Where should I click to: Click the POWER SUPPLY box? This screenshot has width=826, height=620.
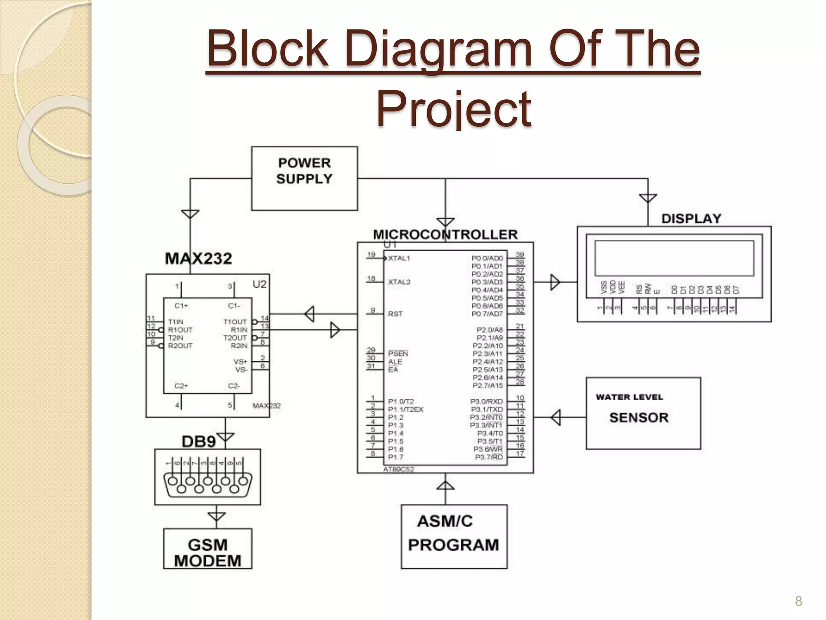[x=304, y=178]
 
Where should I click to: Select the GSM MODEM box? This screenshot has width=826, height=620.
[x=208, y=549]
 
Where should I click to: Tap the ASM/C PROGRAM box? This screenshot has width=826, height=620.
[x=454, y=536]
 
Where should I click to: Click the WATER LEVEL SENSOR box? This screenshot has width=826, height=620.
[x=643, y=413]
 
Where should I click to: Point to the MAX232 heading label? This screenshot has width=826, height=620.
[x=198, y=258]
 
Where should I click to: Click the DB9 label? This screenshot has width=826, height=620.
[x=198, y=442]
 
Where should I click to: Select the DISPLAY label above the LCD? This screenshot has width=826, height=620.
[x=691, y=219]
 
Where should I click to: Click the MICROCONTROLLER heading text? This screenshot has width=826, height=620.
[x=445, y=235]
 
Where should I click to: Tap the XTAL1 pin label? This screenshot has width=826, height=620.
[x=399, y=258]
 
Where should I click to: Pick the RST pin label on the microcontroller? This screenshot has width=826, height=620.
[x=395, y=314]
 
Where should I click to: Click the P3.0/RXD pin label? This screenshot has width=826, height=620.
[x=487, y=402]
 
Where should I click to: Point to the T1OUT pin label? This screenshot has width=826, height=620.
[x=235, y=322]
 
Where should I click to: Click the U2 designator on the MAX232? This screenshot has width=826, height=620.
[x=259, y=285]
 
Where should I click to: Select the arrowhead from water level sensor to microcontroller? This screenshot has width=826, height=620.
[x=556, y=417]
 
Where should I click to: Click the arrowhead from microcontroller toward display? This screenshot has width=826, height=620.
[x=555, y=282]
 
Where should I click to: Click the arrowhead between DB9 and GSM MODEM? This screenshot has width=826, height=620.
[x=217, y=516]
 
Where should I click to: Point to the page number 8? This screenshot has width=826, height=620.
[x=798, y=602]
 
